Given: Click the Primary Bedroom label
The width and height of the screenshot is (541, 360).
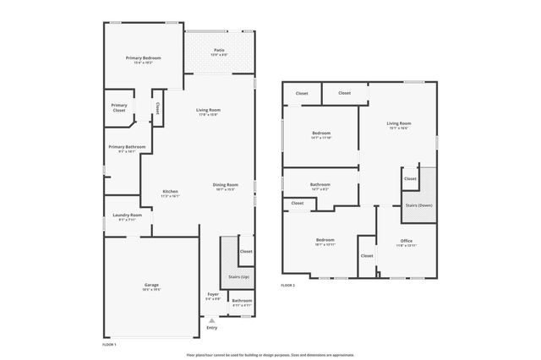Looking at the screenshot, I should coord(143,58).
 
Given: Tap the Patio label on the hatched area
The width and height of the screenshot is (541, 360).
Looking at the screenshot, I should coord(219,51).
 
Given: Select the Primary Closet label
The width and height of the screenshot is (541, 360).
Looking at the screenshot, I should coord(118,107).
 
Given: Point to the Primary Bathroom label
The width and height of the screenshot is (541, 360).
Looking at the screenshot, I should coord(127,147).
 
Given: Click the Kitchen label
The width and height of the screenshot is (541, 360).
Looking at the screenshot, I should coord(170,192).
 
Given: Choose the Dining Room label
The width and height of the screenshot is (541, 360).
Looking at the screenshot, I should coord(225,185).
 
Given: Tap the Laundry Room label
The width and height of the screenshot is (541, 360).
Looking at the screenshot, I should coord(127,215).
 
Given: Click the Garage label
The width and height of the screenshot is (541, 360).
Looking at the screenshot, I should coord(151,286).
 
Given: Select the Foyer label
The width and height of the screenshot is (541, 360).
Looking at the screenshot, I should coord(213,294).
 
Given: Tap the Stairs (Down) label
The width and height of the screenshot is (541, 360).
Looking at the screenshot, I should coord(419,205).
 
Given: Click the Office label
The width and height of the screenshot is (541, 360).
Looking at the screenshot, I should coord(407,241).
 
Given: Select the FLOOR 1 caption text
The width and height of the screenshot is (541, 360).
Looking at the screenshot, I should coord(110,345).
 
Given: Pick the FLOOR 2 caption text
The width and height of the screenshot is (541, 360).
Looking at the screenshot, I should coord(288,286).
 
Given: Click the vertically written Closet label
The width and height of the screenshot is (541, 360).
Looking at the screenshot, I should coord(158,108).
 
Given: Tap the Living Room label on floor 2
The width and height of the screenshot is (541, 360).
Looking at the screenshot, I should coord(398,124).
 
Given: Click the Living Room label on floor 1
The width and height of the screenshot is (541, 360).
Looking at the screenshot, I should coord(208,111).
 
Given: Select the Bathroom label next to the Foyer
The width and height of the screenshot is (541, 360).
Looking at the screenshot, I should coord(242,301).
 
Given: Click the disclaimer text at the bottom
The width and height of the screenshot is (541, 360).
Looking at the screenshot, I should coord(270,355).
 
